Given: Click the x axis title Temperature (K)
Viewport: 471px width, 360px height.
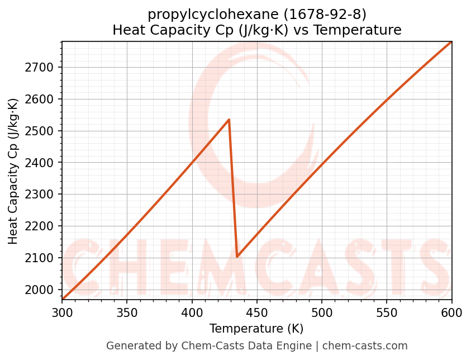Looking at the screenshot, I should click(x=256, y=329).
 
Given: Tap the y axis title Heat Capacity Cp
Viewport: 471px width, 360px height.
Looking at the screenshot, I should click(x=13, y=171).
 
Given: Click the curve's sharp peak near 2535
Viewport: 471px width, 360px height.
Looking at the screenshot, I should click(x=229, y=120).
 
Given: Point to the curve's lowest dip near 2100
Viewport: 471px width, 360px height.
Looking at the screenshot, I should click(x=237, y=257).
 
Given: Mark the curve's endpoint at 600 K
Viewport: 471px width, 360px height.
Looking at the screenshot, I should click(x=451, y=42).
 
